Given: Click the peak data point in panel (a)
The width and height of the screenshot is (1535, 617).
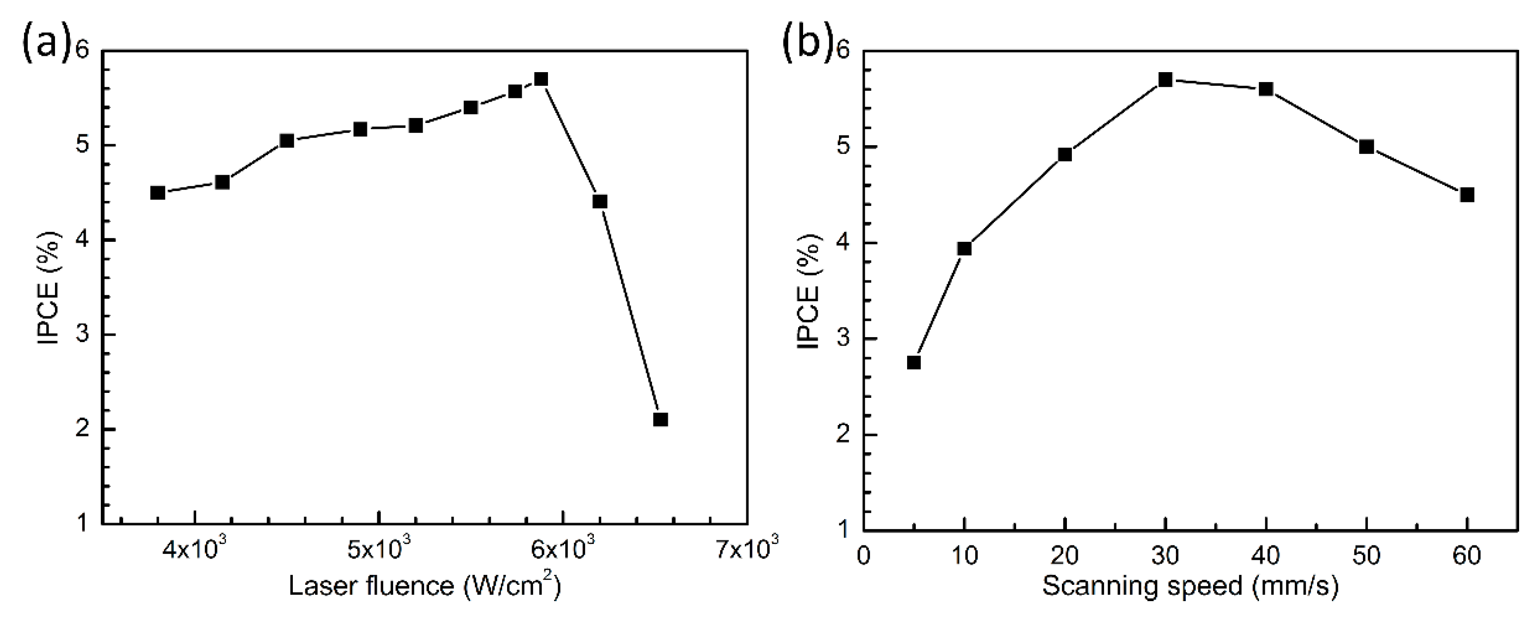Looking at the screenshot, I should pyautogui.click(x=540, y=79).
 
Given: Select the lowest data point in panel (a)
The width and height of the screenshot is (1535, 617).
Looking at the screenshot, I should pyautogui.click(x=660, y=419).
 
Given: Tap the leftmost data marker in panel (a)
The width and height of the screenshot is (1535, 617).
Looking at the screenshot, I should pyautogui.click(x=157, y=192).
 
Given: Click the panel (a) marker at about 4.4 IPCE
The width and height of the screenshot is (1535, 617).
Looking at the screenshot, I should pyautogui.click(x=599, y=201).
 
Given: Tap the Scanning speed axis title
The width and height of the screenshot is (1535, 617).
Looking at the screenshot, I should pyautogui.click(x=1190, y=586).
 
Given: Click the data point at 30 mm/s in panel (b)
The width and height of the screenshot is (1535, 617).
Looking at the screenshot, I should pyautogui.click(x=1165, y=79).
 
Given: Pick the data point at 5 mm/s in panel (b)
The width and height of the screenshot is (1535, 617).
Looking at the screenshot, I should pyautogui.click(x=913, y=362).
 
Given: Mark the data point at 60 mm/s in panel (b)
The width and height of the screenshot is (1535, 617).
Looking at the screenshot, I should pyautogui.click(x=1467, y=195).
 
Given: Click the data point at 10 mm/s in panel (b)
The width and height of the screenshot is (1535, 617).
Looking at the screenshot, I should pyautogui.click(x=964, y=248).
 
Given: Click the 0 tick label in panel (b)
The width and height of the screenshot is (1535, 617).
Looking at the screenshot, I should pyautogui.click(x=864, y=556).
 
